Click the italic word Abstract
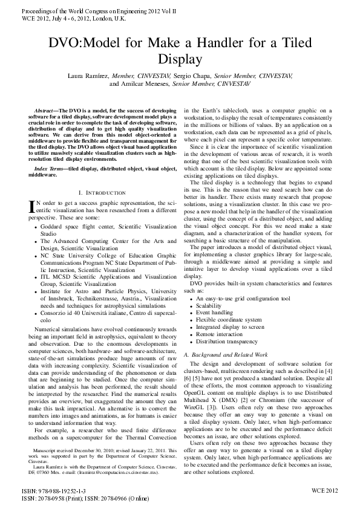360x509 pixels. pos(44,111)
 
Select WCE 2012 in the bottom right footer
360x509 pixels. pos(325,491)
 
